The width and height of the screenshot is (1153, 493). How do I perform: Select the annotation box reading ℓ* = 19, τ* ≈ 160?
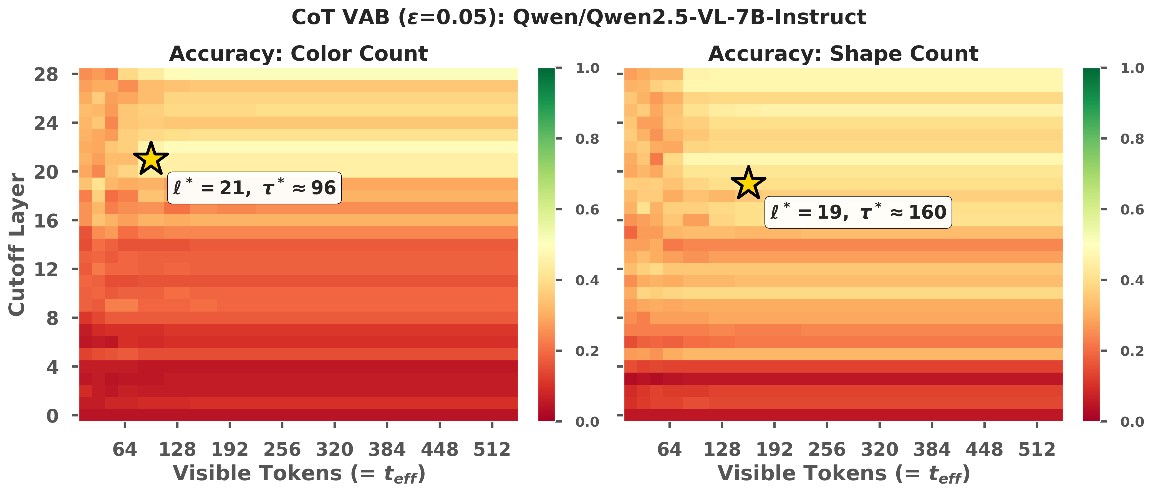(x=858, y=213)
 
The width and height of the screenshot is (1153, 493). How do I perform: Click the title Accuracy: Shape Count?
(x=843, y=54)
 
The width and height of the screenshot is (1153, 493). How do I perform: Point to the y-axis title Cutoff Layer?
(x=17, y=244)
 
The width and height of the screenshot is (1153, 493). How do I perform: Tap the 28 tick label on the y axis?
(x=46, y=74)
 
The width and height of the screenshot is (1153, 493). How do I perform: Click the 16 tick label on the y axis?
(x=46, y=221)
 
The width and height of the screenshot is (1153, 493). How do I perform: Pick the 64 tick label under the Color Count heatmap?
(x=125, y=449)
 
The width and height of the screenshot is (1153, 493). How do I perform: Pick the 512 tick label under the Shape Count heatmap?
(x=1037, y=449)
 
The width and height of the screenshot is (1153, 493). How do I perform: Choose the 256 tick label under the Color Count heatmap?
(x=282, y=449)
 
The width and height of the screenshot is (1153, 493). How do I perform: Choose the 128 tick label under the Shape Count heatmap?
(x=722, y=449)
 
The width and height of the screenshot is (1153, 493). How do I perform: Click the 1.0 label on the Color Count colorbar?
(x=587, y=69)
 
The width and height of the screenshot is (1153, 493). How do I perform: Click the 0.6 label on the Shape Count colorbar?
(x=1132, y=210)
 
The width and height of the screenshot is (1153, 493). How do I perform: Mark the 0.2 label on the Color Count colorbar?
(x=587, y=351)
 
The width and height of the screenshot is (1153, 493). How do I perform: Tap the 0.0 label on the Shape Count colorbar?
(x=1132, y=422)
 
